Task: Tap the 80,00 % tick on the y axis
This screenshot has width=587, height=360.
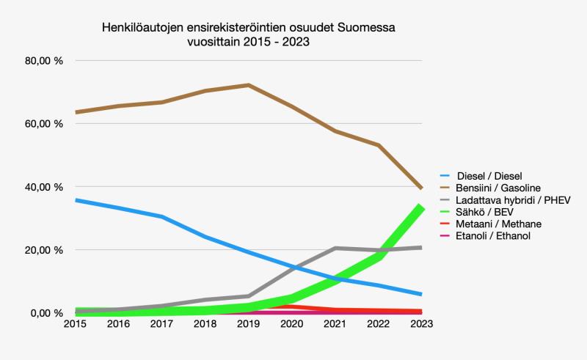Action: [45, 61]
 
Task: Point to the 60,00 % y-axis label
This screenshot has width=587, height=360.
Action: [45, 124]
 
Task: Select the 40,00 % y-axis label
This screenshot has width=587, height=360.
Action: [45, 187]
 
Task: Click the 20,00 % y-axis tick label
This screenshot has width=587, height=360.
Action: [45, 250]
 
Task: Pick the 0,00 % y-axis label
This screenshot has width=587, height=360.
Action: [48, 313]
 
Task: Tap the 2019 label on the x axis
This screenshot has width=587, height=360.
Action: [249, 323]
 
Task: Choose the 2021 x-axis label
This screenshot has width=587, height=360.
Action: [335, 323]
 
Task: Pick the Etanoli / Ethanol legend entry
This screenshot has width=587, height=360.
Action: [492, 235]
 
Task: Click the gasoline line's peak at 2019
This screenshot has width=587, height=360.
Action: [249, 85]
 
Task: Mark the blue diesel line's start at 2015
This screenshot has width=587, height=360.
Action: [76, 200]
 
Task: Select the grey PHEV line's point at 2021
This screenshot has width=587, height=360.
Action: [335, 248]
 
